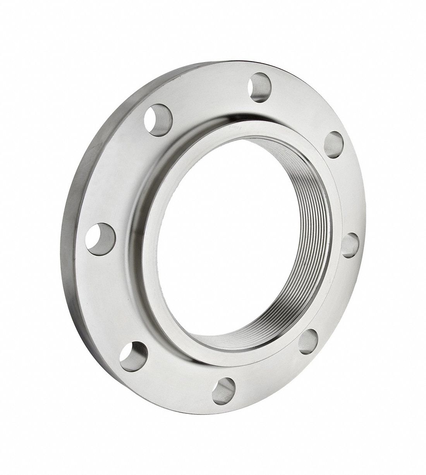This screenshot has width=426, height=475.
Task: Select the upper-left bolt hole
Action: tap(158, 118)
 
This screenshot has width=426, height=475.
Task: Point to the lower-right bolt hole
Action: tap(309, 342)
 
